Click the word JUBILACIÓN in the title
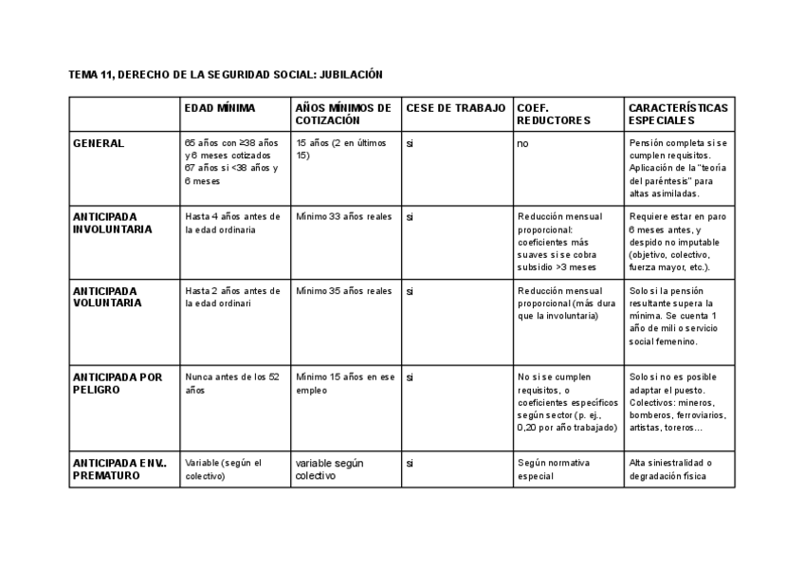pos(350,74)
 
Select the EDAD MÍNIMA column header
pos(220,108)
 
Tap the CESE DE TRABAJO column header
pos(456,108)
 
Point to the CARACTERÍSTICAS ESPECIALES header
pos(678,114)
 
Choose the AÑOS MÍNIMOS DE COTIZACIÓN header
pos(342,114)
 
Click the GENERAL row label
pos(99,143)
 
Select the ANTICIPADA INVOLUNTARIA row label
pos(112,223)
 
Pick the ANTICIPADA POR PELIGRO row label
pos(118,383)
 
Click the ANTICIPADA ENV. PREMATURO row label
pos(119,468)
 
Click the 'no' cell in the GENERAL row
pos(522,143)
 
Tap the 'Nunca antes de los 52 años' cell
pos(232,383)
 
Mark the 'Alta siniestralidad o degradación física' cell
pos(669,469)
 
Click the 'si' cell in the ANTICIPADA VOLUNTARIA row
pos(410,291)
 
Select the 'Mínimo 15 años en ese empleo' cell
pos(344,383)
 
